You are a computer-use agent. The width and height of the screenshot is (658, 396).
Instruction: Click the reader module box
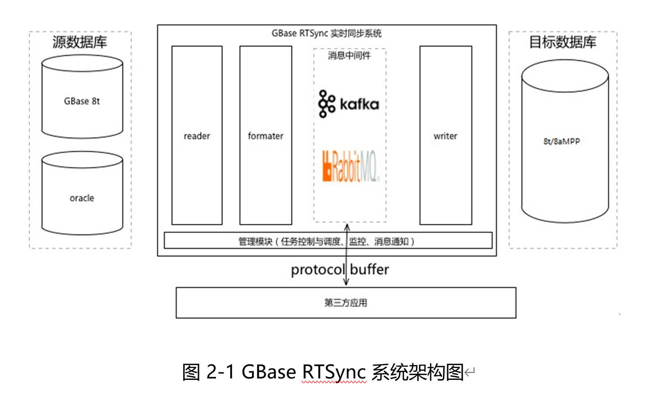tap(197, 136)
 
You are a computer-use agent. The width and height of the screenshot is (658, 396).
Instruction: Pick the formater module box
tap(265, 136)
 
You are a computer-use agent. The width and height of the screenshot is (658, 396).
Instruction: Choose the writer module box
tap(445, 136)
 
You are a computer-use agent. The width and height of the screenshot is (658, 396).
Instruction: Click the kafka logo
tap(349, 103)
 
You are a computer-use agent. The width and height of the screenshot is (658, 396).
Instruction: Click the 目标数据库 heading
tap(563, 42)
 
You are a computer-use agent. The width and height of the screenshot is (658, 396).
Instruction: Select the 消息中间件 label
tap(349, 56)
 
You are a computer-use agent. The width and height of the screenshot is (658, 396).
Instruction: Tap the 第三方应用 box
tap(346, 303)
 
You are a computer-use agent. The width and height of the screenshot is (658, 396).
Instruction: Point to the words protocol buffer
tap(340, 270)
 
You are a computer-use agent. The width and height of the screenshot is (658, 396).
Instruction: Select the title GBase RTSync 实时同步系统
tap(327, 34)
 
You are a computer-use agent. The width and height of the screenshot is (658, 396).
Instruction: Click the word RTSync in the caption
tap(334, 372)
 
